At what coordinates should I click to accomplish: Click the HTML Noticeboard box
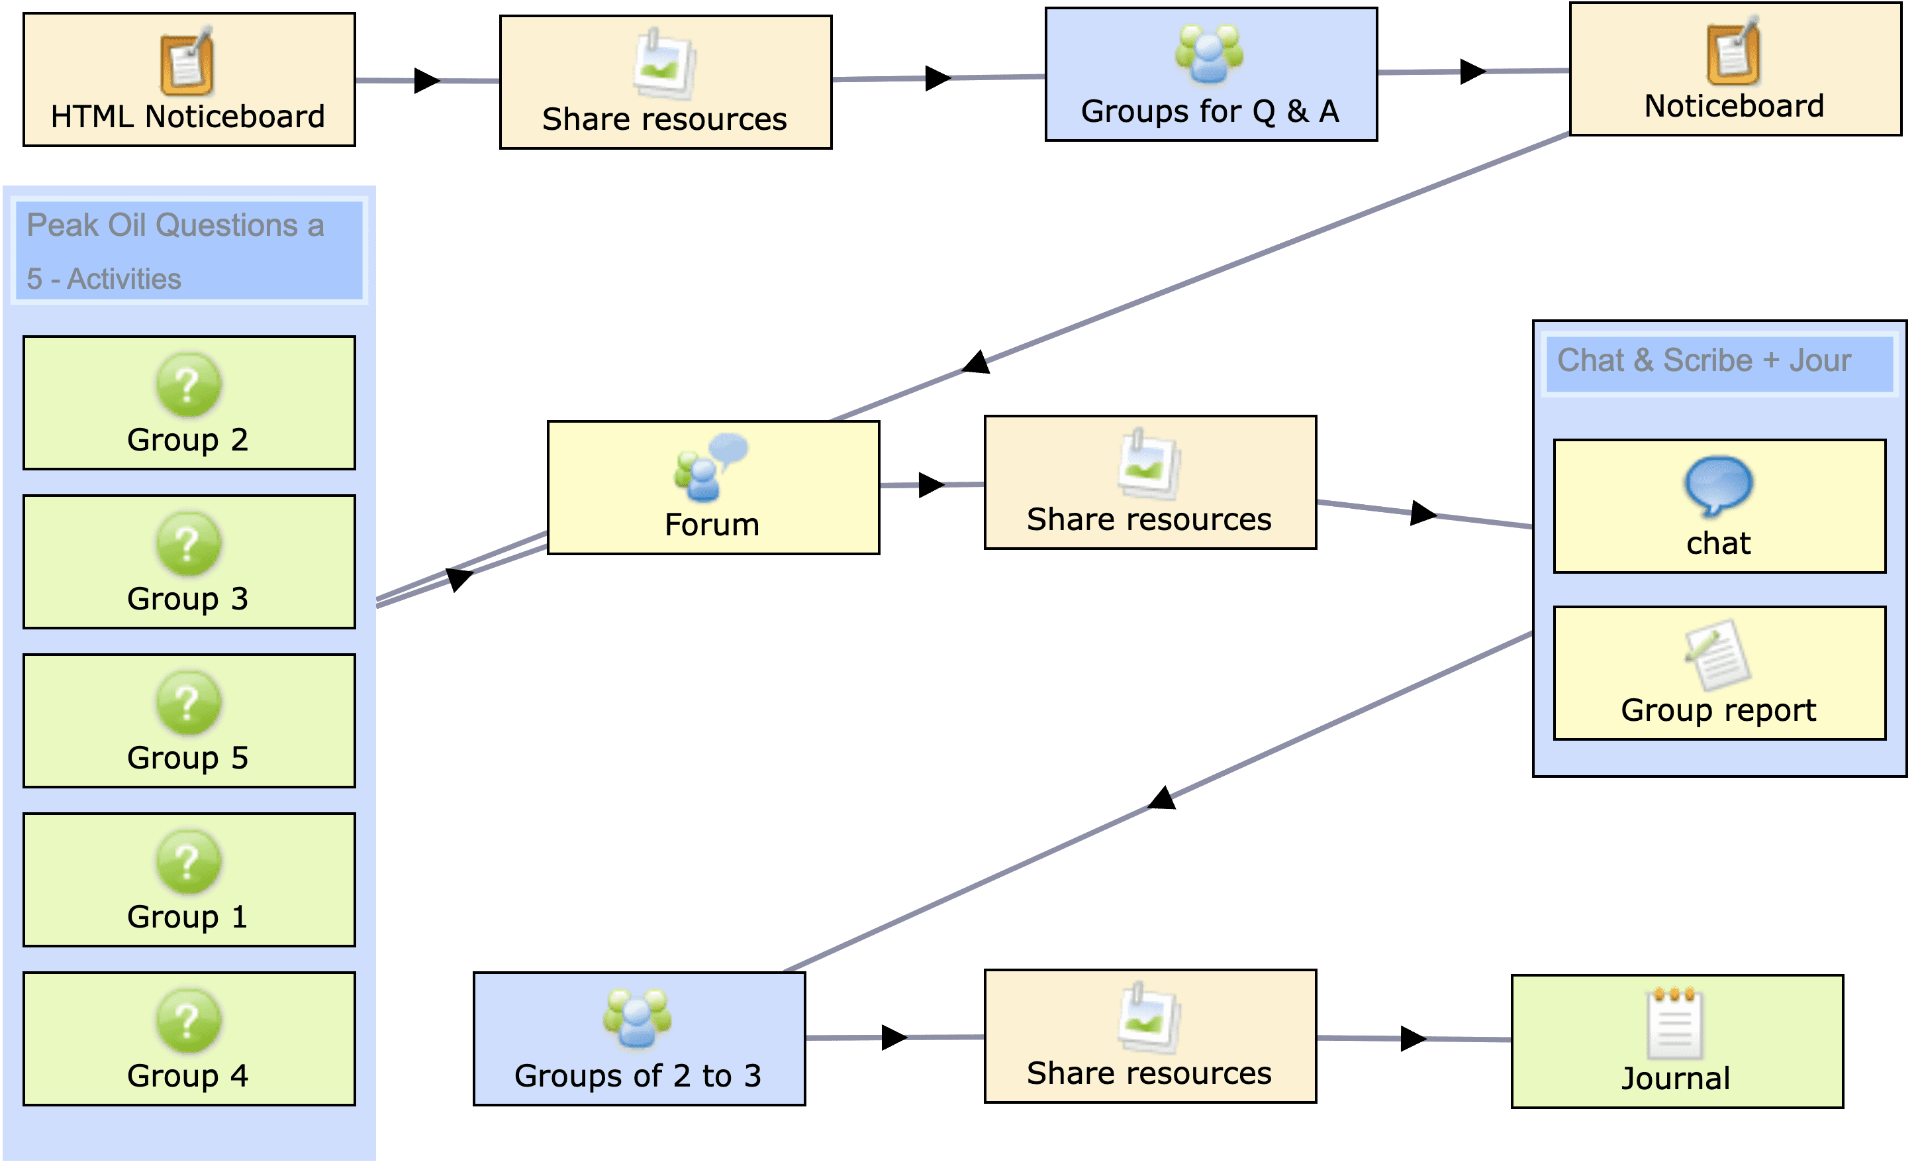189,80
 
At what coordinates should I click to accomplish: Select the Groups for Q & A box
1211,75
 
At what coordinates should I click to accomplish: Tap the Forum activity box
713,488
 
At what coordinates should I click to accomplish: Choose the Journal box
1677,1041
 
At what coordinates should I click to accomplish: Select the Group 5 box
189,721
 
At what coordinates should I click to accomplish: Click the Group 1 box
189,880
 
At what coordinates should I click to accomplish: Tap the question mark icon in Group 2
189,385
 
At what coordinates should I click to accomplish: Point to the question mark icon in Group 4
189,1021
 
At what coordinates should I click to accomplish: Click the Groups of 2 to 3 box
639,1038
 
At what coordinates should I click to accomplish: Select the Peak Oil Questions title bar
189,250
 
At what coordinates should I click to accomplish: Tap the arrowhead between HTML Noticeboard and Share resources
426,80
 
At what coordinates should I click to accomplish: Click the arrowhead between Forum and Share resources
930,485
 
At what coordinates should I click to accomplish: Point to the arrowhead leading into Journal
1413,1038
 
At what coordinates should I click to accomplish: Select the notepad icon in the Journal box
1674,1023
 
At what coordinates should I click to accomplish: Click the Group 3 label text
188,599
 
